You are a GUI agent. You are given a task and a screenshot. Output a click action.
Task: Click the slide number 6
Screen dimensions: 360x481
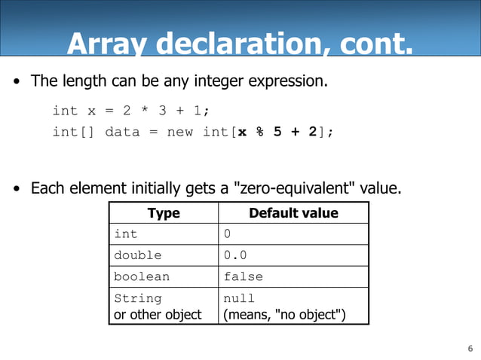click(x=470, y=349)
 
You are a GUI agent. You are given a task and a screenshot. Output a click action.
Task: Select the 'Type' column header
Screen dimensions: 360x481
click(x=164, y=213)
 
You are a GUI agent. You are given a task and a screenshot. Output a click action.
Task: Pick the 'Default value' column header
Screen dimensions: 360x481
click(x=293, y=213)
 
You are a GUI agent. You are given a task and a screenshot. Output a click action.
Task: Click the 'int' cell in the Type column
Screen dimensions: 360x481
click(x=126, y=234)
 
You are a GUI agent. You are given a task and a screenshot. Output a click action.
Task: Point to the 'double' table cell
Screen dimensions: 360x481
click(x=138, y=255)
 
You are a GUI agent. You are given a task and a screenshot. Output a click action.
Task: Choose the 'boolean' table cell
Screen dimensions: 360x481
click(x=142, y=276)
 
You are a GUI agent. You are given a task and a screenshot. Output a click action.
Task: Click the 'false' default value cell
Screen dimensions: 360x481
click(x=244, y=276)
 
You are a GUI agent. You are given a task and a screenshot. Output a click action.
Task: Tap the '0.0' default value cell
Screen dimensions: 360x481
click(x=235, y=255)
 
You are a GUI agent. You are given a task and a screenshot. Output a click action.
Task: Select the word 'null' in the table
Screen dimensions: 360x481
click(x=240, y=298)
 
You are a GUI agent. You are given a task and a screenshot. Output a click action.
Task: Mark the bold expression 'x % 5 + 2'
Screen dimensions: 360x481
click(x=277, y=132)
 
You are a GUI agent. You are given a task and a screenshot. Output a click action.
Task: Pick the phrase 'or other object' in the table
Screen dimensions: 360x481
click(x=158, y=314)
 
